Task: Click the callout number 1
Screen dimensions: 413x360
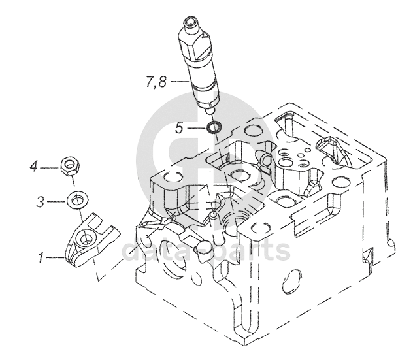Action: coord(41,257)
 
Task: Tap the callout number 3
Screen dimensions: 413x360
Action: coord(41,202)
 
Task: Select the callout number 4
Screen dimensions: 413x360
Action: coord(34,167)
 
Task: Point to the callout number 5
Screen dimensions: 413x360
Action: coord(179,128)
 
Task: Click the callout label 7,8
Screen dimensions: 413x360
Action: coord(156,82)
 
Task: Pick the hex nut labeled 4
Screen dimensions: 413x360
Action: coord(70,167)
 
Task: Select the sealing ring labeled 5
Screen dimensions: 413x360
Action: coord(214,127)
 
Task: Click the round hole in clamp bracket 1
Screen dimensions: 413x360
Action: coord(85,239)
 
